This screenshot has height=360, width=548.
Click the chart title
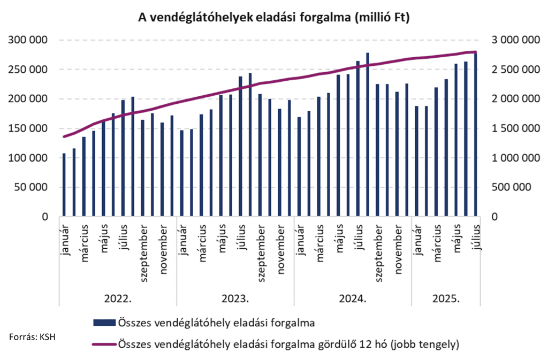(273, 18)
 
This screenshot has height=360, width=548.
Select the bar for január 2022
(64, 185)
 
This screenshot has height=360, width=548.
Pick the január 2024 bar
(299, 167)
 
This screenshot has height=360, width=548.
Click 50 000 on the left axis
(33, 187)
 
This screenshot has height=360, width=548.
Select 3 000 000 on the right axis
(514, 40)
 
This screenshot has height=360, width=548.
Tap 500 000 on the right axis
(511, 187)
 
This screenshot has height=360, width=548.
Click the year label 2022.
(118, 298)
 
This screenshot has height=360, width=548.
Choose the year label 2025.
(446, 298)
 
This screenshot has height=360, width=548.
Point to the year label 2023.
(235, 298)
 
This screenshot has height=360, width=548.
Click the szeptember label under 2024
(378, 250)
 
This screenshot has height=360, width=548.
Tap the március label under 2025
(437, 244)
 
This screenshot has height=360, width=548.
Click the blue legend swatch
(104, 323)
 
